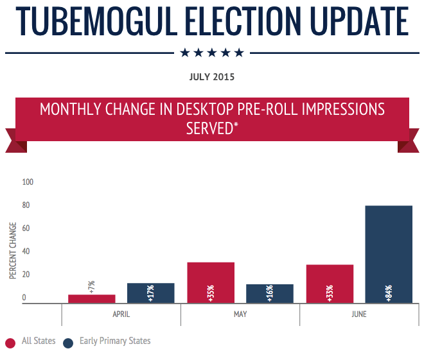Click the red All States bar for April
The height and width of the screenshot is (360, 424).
pos(92,298)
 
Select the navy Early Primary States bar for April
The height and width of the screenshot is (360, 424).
pos(151,293)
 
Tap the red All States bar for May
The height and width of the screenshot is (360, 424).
pos(211,282)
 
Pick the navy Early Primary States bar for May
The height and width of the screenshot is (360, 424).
pos(270,293)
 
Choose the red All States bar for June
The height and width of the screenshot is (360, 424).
pos(330,284)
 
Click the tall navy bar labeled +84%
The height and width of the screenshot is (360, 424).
pos(389,254)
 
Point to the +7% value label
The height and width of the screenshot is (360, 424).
pos(92,286)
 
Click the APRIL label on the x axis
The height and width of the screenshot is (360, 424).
pos(121,314)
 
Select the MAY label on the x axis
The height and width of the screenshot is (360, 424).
pos(240,314)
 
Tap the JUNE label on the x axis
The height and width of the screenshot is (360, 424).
pos(358,314)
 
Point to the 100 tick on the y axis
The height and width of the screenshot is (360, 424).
pos(28,182)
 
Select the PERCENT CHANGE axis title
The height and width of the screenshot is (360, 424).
pos(13,250)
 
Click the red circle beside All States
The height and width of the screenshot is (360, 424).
pos(10,343)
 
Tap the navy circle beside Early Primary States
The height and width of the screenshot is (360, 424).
pos(68,343)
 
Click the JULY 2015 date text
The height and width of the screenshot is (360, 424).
pos(212,77)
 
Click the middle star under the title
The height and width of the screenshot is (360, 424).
pos(212,53)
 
